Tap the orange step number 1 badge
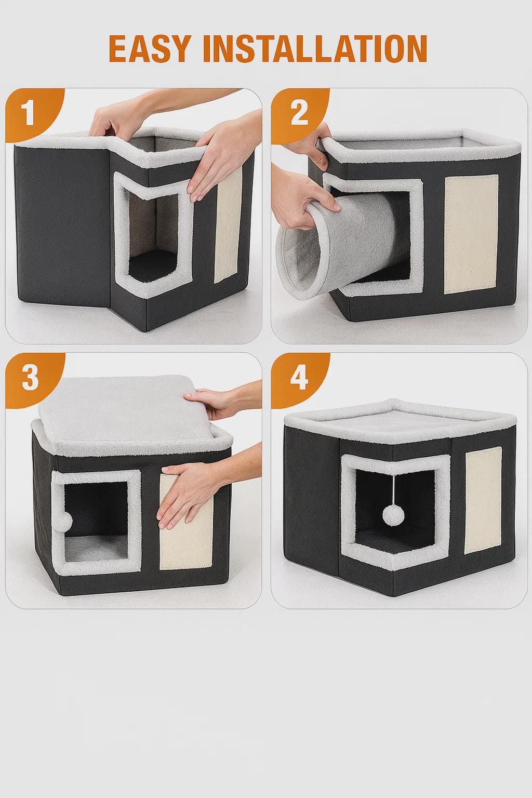click(x=29, y=112)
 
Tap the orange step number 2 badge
click(x=299, y=112)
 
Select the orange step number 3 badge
click(x=30, y=378)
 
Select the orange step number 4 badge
click(x=299, y=378)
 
